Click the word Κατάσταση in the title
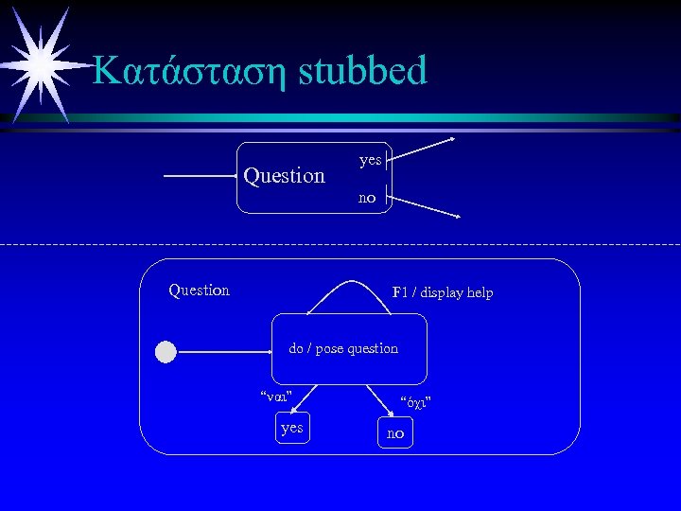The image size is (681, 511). (x=190, y=71)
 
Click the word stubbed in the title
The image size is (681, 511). (x=363, y=71)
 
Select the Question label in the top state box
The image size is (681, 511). (x=284, y=176)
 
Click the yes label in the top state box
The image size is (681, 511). (x=370, y=160)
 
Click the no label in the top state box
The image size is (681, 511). (x=367, y=198)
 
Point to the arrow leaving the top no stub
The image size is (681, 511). (x=426, y=208)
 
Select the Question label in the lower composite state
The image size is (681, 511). (x=199, y=290)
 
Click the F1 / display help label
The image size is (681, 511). (x=443, y=292)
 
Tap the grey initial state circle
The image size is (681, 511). (x=166, y=352)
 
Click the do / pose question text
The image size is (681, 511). (x=343, y=348)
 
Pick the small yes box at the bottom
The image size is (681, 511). (x=292, y=428)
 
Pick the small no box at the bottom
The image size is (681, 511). (x=394, y=433)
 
